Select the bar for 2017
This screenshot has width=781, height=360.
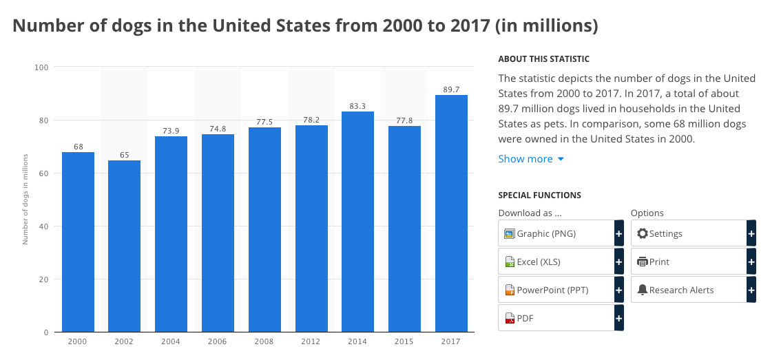click(x=451, y=213)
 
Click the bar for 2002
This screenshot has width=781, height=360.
click(x=124, y=246)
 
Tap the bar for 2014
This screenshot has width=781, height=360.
click(x=357, y=222)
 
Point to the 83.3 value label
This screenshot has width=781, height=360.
click(x=357, y=106)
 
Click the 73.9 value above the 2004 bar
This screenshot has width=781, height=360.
click(x=171, y=131)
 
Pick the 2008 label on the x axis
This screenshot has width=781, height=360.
click(x=264, y=341)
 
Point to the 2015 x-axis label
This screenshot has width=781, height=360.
click(x=404, y=341)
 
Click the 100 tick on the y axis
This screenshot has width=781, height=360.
click(x=41, y=67)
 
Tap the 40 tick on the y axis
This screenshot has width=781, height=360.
click(x=44, y=226)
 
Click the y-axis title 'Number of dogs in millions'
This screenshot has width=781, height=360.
click(x=25, y=199)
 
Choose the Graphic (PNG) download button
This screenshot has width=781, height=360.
click(x=561, y=233)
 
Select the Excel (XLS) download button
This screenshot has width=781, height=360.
click(x=561, y=262)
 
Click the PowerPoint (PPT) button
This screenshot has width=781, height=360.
click(x=561, y=290)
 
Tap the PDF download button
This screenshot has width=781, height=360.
click(x=561, y=318)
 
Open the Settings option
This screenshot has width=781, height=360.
click(x=694, y=233)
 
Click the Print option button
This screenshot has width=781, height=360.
click(x=694, y=262)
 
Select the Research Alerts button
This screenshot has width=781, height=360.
click(x=694, y=290)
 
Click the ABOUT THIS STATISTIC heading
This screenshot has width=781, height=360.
click(x=544, y=59)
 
